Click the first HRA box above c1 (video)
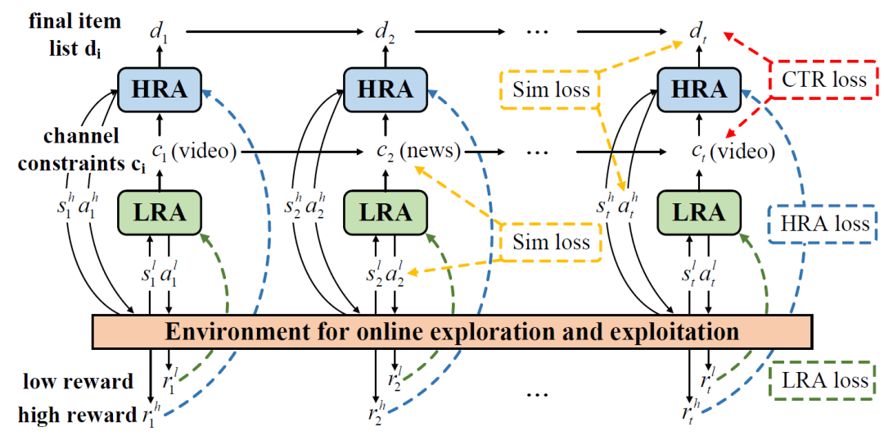pyautogui.click(x=160, y=90)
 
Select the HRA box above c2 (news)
pyautogui.click(x=382, y=90)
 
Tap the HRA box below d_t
pyautogui.click(x=699, y=90)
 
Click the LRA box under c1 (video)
pyautogui.click(x=160, y=211)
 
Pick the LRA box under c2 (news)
pyautogui.click(x=382, y=211)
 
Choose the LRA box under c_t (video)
pyautogui.click(x=699, y=211)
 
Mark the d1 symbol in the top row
pyautogui.click(x=160, y=34)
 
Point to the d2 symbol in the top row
pyautogui.click(x=382, y=34)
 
